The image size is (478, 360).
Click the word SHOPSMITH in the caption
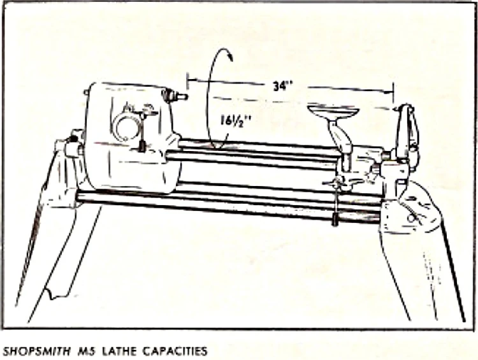pyautogui.click(x=33, y=350)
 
